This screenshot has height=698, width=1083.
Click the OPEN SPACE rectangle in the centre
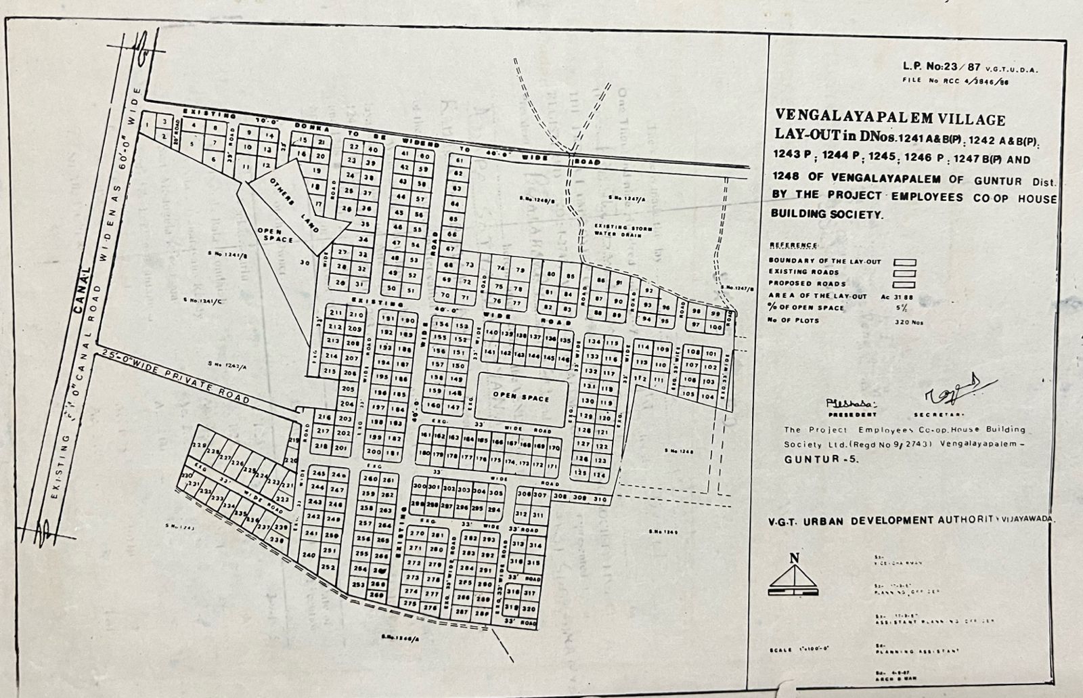(x=521, y=397)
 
